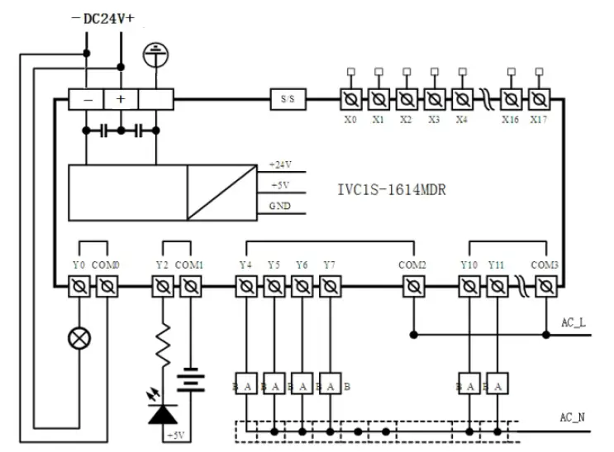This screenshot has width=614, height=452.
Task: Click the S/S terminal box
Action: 288,99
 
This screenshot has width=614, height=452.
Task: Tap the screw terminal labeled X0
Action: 350,99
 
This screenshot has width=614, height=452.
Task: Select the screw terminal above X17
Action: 539,99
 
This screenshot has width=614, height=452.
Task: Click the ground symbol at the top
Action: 152,55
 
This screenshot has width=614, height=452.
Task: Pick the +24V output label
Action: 281,165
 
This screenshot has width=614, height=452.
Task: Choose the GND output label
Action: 279,205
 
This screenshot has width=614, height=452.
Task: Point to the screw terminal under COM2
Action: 412,286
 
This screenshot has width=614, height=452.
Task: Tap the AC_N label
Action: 573,417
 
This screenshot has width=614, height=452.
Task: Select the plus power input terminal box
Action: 121,99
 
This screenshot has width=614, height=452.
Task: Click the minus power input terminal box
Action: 87,99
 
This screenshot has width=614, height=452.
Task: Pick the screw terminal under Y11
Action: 496,286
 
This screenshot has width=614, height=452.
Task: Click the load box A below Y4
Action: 246,384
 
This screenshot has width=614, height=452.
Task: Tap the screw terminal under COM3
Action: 544,286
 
